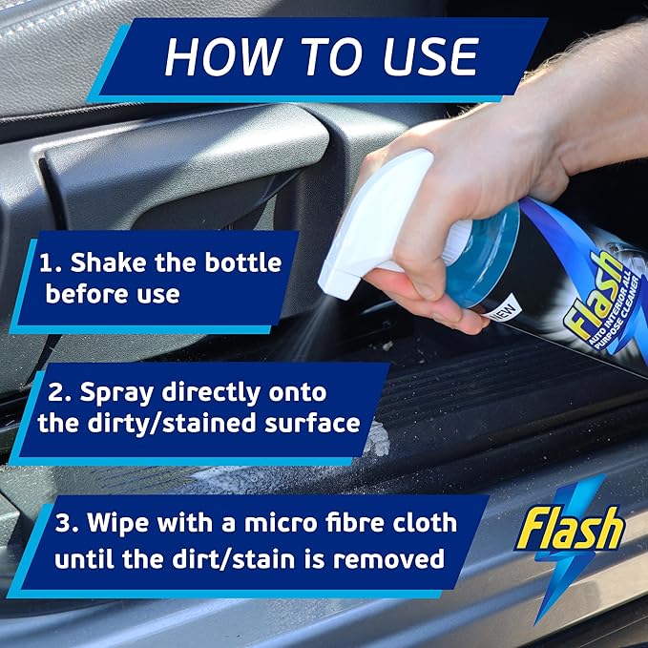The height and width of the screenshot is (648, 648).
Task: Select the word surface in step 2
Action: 315,423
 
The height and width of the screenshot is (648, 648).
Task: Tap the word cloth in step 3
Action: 418,524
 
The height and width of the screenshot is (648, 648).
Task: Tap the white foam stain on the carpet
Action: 378,439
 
